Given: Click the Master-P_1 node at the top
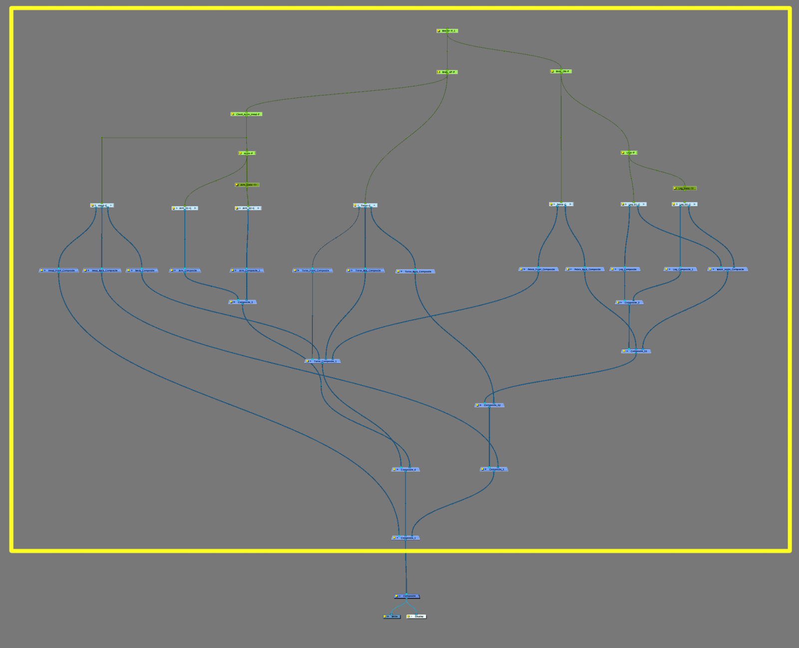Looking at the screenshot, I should [447, 31].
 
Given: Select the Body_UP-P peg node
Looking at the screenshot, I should [447, 72].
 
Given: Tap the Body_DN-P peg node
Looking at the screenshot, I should [561, 71].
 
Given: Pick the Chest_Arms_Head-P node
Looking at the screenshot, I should [247, 114].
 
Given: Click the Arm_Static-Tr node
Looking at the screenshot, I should [247, 185].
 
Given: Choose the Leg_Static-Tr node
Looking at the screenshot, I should [685, 189].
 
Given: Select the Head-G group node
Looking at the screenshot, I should [102, 206].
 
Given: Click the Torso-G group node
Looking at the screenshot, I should [365, 206].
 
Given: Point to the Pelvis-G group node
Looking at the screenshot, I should [561, 205].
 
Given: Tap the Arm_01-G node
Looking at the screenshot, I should [185, 209].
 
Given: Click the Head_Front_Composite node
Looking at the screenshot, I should [59, 271].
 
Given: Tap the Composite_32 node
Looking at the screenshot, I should [489, 406].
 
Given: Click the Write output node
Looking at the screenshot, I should [392, 617].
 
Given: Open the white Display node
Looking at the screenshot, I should [417, 617].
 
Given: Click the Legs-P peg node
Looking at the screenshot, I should [629, 153].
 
